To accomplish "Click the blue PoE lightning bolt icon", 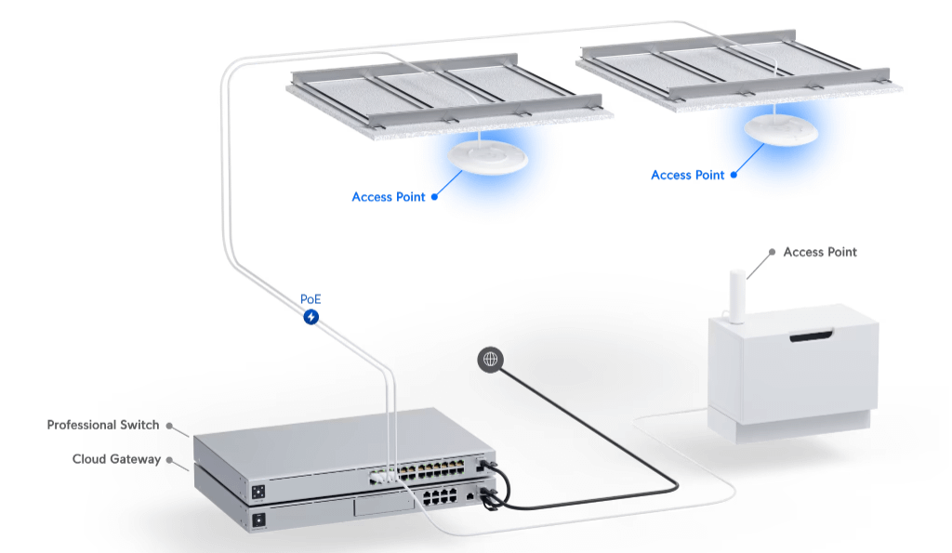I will tap(311, 317).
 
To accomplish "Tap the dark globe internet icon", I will tap(490, 359).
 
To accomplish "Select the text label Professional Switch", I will tap(103, 425).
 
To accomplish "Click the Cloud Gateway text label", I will tap(116, 459).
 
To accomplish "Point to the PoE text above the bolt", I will tap(311, 299).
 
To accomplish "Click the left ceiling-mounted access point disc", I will tap(487, 158).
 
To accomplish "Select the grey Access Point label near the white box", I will tap(819, 252).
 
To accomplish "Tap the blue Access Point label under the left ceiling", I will tap(388, 197).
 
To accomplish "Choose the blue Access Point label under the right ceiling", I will tap(687, 175).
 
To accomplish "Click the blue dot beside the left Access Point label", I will tap(434, 197).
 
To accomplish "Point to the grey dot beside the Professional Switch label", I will tap(169, 426).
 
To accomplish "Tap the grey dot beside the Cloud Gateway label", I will tap(169, 459).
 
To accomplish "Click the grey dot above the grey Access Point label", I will tap(771, 252).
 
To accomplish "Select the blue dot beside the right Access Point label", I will tap(734, 175).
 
